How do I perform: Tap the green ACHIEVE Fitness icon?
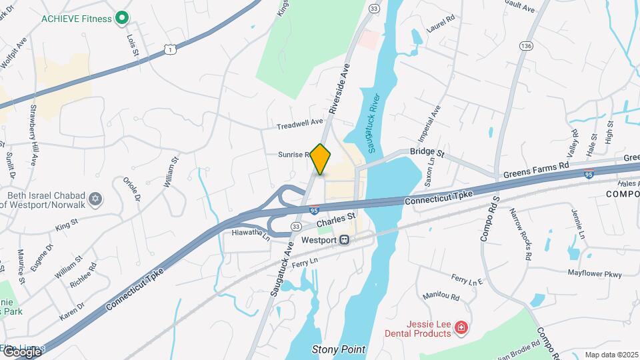click(x=121, y=18)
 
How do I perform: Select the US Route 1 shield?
click(x=171, y=49)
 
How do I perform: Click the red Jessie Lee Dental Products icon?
click(x=461, y=327)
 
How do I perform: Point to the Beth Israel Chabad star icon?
click(x=96, y=199)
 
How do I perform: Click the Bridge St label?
click(x=427, y=153)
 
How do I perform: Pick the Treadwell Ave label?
click(x=300, y=124)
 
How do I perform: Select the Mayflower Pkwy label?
click(x=594, y=273)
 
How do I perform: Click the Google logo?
click(x=23, y=351)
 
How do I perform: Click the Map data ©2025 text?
click(x=611, y=355)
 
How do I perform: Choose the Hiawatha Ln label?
click(x=251, y=234)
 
